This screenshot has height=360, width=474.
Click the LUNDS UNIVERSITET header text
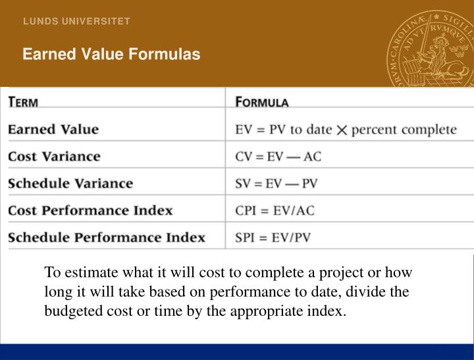point(76,21)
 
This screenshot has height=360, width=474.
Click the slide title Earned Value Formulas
point(111,54)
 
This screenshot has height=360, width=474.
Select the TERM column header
point(23,102)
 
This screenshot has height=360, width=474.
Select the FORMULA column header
point(262,102)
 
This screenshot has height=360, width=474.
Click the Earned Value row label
point(53,129)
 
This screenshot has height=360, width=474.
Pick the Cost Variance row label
point(54,157)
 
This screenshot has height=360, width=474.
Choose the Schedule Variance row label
point(70,184)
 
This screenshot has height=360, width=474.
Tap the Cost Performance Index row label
point(90,211)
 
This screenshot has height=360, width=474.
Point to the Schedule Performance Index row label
point(107,238)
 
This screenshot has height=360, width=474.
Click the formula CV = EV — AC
point(278,157)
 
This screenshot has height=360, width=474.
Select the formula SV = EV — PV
point(276,184)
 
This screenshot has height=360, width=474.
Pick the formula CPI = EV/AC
point(275,211)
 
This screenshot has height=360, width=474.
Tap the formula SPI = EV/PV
point(273,238)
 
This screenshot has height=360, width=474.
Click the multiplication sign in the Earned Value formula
point(342,130)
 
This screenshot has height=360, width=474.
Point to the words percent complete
point(404,130)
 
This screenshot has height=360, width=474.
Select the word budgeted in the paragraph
point(70,311)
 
